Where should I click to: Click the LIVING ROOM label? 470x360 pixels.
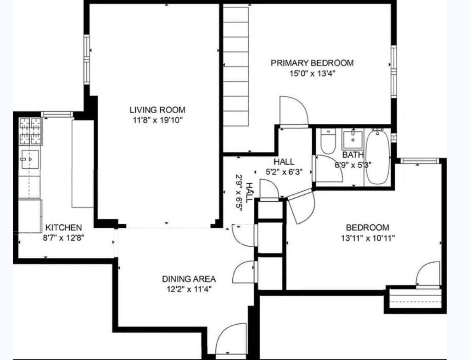[157, 110]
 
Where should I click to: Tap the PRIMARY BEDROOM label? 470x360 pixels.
[312, 63]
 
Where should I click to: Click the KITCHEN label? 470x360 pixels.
[64, 227]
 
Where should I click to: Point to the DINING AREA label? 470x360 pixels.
[189, 279]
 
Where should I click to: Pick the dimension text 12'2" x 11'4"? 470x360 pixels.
[189, 289]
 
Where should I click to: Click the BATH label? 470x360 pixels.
[353, 155]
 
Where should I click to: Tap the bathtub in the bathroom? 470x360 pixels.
[378, 157]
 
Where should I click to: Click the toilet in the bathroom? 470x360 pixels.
[328, 143]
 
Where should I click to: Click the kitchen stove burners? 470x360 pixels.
[30, 131]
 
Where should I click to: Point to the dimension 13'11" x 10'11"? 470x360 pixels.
[367, 238]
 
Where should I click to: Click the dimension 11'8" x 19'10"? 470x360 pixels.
[157, 120]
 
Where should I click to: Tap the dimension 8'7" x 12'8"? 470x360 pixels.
[64, 238]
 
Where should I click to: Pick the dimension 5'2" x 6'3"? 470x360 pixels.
[284, 172]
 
